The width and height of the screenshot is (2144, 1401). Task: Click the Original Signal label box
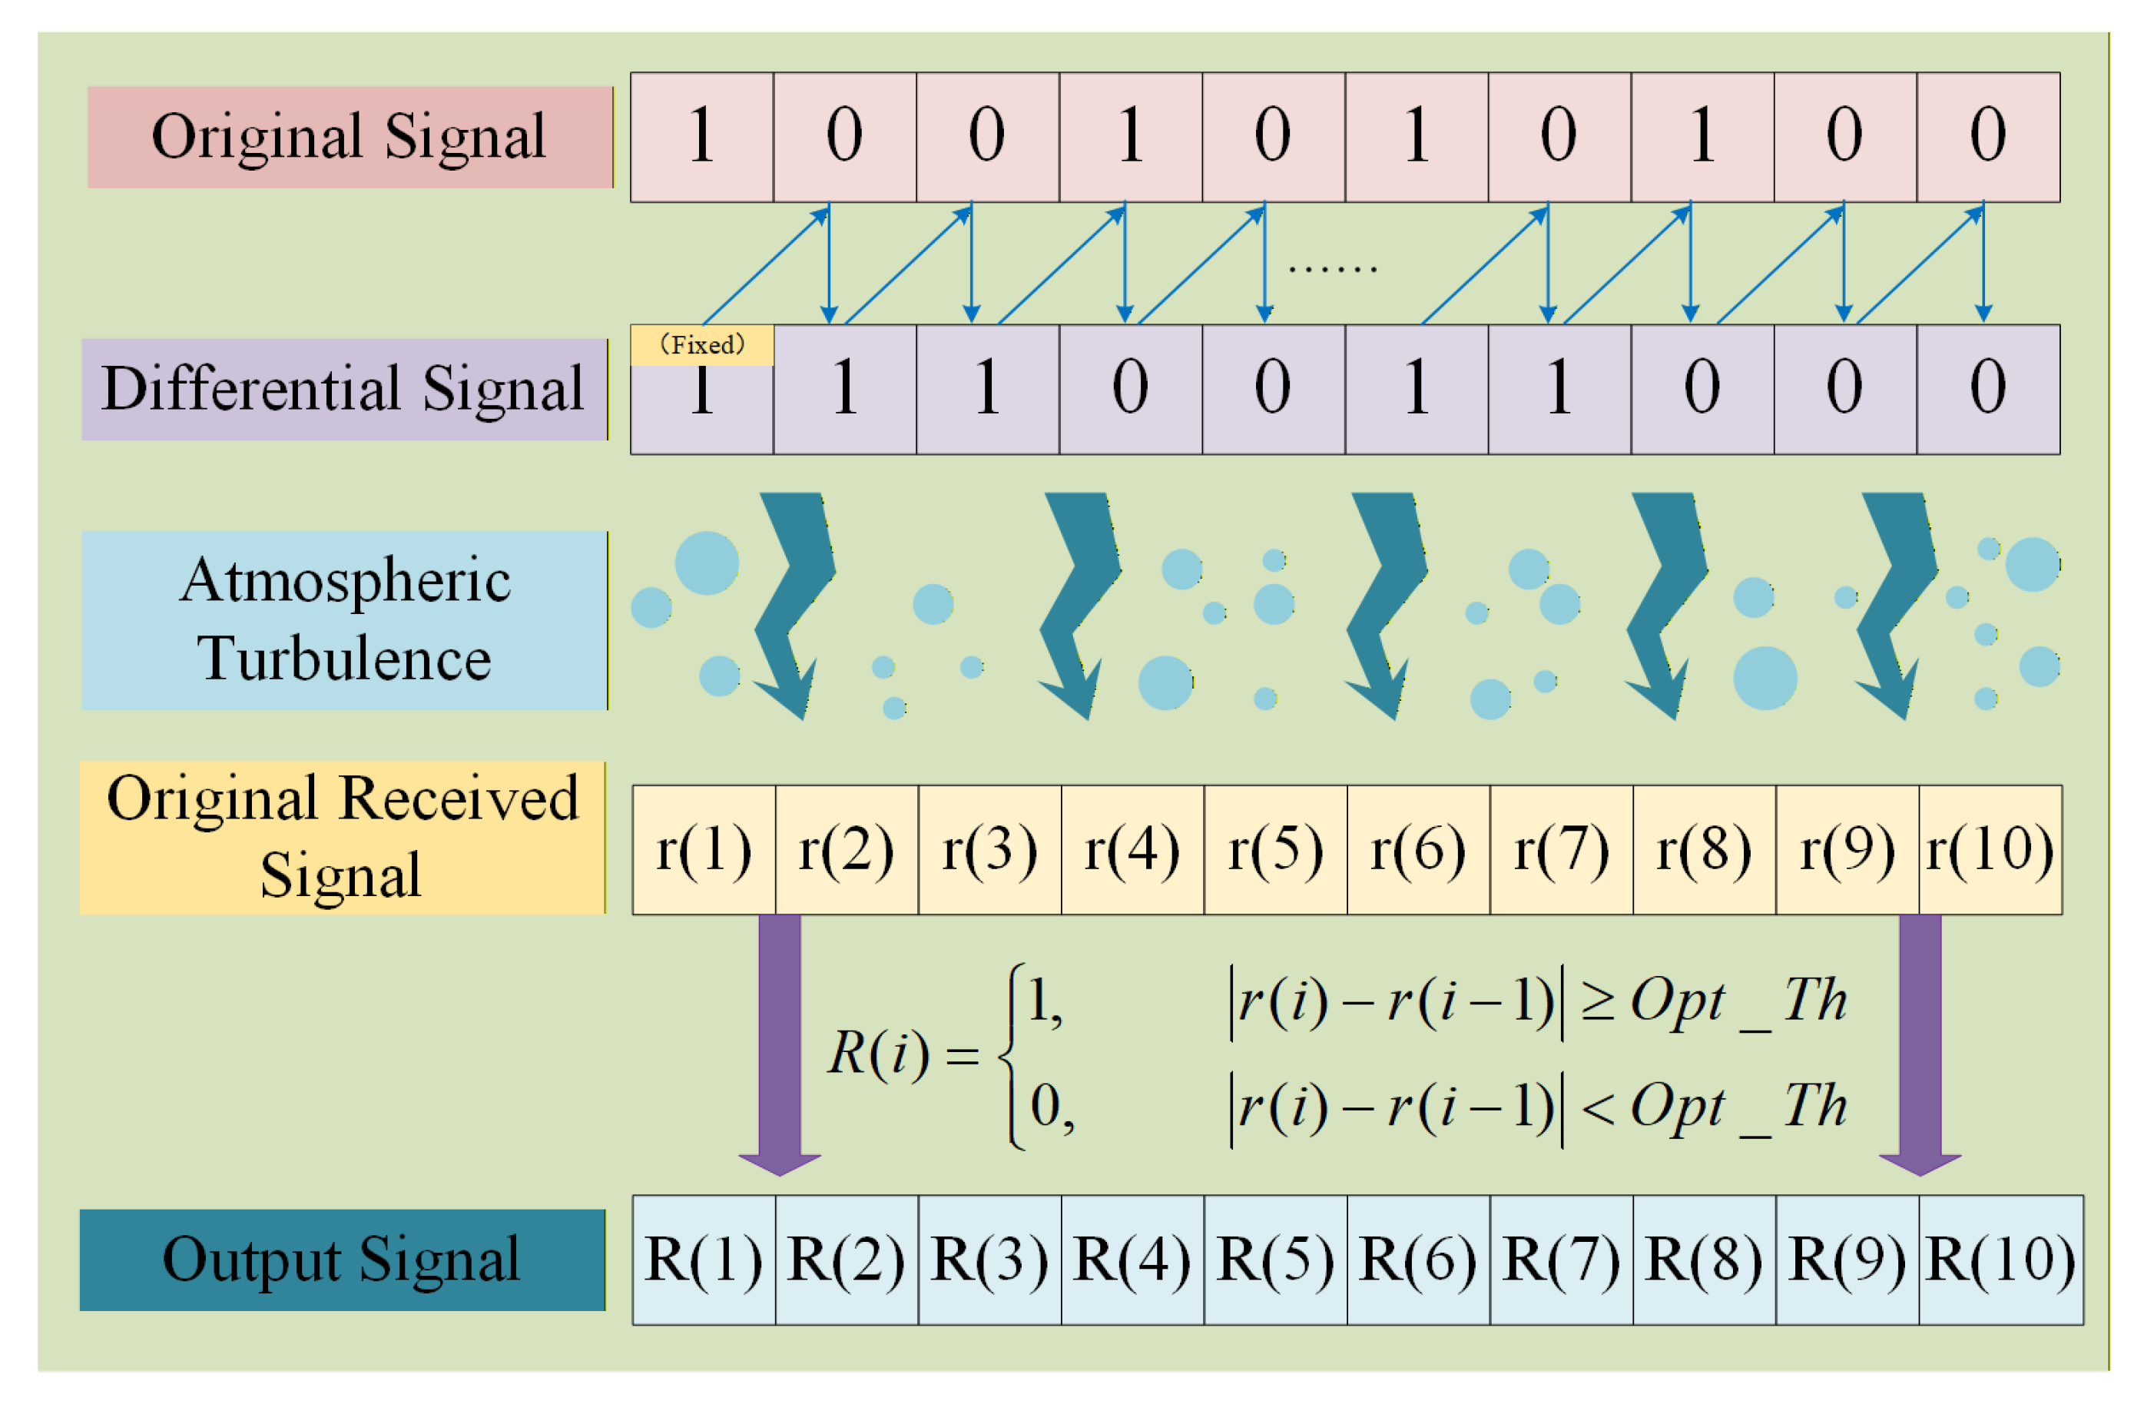[x=350, y=137]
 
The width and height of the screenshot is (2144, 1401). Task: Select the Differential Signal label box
[x=344, y=389]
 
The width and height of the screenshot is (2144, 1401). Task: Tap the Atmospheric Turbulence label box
[x=344, y=620]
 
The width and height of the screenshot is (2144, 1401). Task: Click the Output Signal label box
[x=343, y=1260]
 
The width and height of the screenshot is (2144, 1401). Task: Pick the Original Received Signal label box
[x=343, y=838]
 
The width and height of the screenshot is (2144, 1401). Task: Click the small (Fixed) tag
[x=702, y=345]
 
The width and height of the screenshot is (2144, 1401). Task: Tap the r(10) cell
[x=1990, y=850]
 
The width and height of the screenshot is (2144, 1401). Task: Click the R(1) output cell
[x=704, y=1260]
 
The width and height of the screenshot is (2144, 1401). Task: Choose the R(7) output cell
[x=1561, y=1260]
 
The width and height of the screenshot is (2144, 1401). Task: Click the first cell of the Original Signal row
[x=702, y=137]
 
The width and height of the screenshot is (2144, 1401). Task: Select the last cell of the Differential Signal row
[x=1987, y=389]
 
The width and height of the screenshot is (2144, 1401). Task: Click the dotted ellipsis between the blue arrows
[x=1332, y=267]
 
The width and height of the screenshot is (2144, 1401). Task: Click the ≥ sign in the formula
[x=1597, y=1002]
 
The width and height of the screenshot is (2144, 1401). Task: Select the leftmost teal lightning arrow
[x=793, y=603]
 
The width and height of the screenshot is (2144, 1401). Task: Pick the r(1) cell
[x=704, y=850]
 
